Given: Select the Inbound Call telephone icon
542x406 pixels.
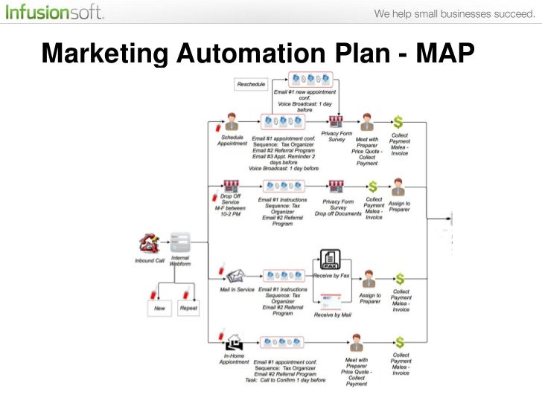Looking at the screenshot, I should (x=148, y=243).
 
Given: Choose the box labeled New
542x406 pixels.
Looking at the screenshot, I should (x=159, y=307).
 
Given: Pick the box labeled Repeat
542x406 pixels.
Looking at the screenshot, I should (x=189, y=307).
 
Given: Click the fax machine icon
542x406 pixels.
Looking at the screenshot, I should (x=330, y=260).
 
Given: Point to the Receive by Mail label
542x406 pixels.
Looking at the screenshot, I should (x=332, y=315).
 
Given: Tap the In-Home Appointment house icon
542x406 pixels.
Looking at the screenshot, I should (x=235, y=343).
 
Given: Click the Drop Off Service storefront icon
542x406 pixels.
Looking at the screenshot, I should (x=232, y=185).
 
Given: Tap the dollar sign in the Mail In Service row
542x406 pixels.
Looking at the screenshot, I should (x=400, y=280).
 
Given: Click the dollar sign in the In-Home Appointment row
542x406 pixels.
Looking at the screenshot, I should (x=400, y=342).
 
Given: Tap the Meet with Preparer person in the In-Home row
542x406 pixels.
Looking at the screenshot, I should (x=357, y=343).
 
